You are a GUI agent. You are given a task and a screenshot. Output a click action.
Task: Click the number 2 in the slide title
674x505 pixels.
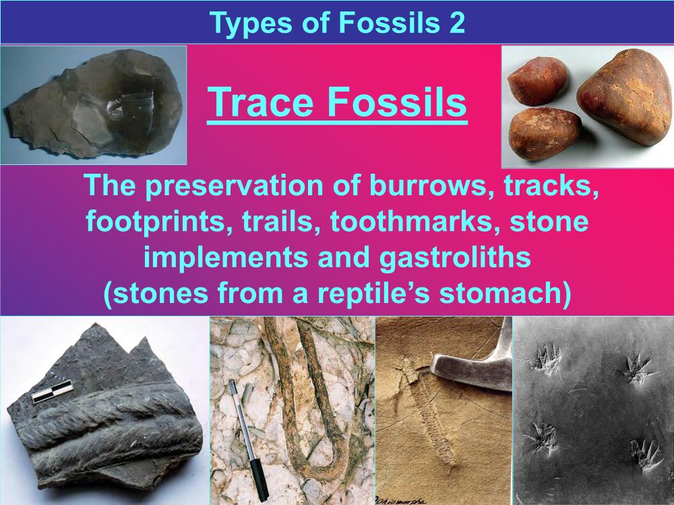click(457, 22)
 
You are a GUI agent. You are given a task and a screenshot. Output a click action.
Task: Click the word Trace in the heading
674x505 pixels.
click(260, 102)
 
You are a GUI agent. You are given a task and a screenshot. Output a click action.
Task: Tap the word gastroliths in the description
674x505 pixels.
click(455, 258)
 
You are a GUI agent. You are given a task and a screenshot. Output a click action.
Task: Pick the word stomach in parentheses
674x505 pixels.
click(501, 294)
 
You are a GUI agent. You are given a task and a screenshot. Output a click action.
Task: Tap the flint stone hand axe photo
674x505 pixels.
click(93, 105)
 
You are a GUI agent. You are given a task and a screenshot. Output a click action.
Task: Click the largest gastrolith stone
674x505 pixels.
click(624, 96)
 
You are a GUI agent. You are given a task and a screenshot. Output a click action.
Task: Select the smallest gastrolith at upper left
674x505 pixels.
click(537, 81)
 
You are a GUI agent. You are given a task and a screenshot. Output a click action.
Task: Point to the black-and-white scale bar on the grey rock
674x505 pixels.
click(53, 392)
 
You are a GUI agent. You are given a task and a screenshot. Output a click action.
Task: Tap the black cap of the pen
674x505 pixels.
click(259, 479)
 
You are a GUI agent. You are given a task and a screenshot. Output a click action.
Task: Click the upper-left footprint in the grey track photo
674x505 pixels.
click(546, 358)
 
